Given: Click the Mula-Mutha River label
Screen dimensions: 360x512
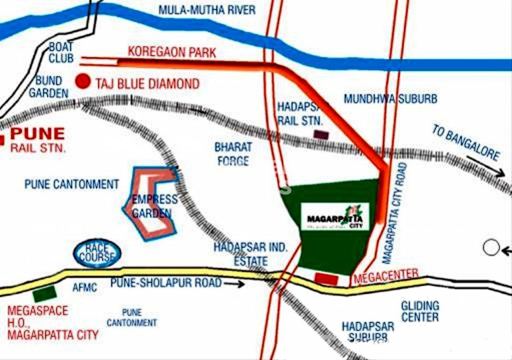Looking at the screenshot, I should point(207,9).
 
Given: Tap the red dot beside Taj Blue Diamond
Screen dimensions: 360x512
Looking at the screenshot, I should point(83,81).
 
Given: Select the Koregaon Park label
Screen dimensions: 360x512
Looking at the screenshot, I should point(172,52).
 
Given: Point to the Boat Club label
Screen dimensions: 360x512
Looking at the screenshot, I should point(61,52).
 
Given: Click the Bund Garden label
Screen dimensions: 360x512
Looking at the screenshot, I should point(48,87).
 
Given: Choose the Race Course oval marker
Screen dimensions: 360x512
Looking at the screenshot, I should point(97,253).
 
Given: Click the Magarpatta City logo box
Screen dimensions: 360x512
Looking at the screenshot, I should point(335,217).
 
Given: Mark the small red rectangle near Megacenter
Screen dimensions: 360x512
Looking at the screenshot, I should point(326,279).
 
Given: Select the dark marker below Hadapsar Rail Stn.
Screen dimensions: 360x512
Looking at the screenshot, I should point(321,135).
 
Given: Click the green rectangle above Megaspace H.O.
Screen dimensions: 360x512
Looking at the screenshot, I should point(45,294).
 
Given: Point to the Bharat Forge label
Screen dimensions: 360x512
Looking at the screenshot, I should point(233,154).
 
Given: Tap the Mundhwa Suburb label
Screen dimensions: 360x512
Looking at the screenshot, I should point(390,99).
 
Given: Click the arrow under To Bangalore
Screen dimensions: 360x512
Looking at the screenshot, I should point(486,166).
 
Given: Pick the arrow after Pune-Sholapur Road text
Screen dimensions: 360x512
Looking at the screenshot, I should point(234,284).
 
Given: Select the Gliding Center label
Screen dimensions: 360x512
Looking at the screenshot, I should point(420,311).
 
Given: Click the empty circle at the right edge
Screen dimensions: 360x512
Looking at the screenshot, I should point(491,247).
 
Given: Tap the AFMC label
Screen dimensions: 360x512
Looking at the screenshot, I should point(85,287).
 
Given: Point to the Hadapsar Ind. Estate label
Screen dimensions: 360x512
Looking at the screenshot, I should point(250,254).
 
